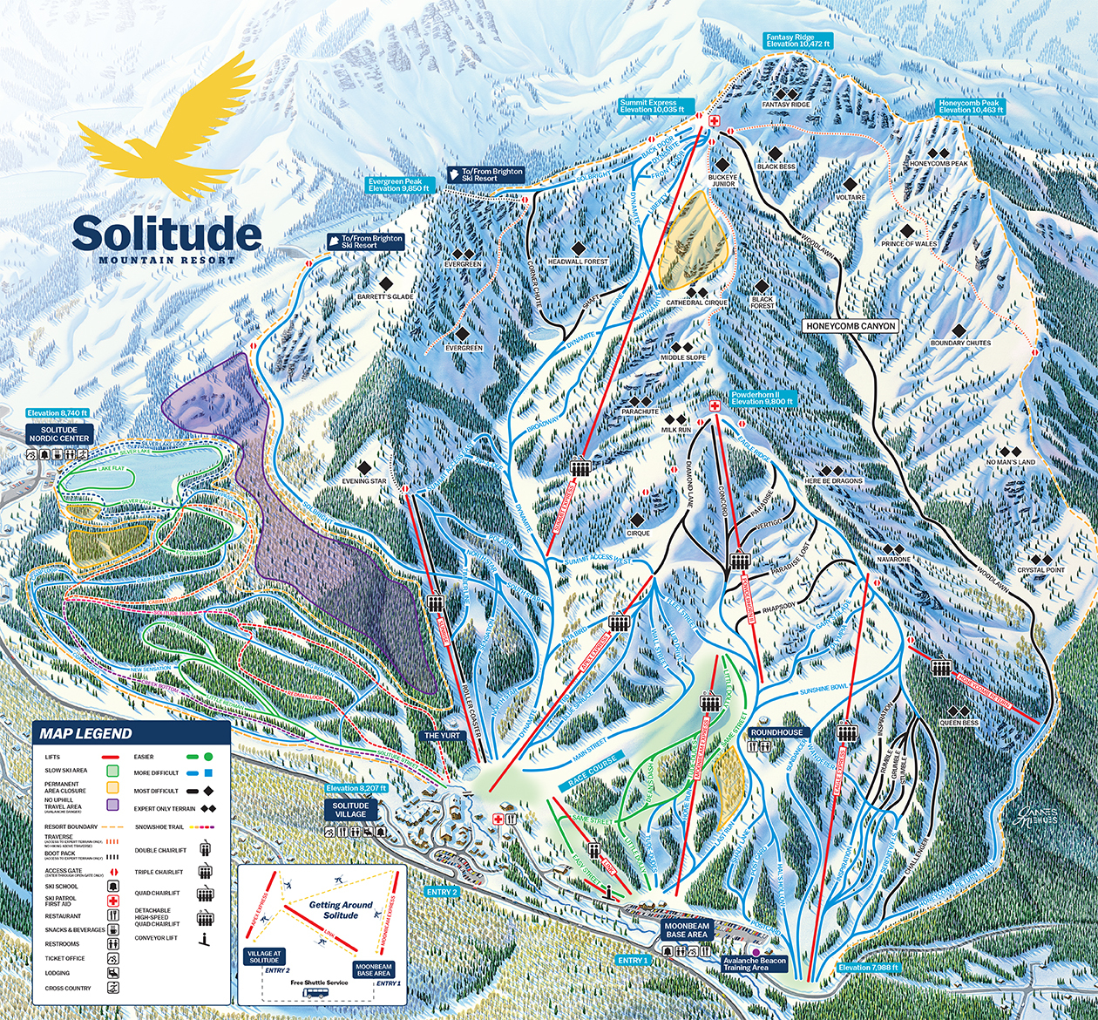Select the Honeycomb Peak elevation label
(x=972, y=106)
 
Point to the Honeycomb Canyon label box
(x=850, y=325)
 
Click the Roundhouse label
(x=776, y=732)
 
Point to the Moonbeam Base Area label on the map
(x=686, y=929)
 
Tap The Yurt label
(x=442, y=735)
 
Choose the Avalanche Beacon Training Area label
(x=755, y=964)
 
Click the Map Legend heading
(x=85, y=733)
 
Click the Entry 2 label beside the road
(x=441, y=892)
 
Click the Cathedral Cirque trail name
(x=696, y=303)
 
